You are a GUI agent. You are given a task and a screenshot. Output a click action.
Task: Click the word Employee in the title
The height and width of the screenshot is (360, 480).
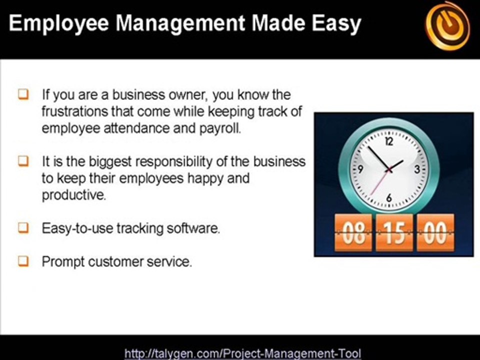click(59, 23)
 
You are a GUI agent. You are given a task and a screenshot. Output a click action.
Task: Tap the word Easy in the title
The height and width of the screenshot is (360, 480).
click(336, 23)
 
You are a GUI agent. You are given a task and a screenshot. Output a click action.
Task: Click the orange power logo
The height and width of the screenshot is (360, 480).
click(447, 26)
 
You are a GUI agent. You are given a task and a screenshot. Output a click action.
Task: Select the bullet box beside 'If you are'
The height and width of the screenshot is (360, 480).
click(23, 94)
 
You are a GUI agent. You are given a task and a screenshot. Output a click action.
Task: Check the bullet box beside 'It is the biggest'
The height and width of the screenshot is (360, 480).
click(23, 161)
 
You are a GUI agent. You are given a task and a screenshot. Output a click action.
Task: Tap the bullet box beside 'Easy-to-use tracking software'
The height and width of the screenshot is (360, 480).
click(23, 228)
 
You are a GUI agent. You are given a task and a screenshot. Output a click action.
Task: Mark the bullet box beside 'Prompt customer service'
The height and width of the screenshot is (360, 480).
click(23, 261)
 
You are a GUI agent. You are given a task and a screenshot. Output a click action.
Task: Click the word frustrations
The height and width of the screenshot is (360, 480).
click(75, 111)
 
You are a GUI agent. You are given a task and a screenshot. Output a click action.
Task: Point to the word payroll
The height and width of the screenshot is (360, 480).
click(220, 128)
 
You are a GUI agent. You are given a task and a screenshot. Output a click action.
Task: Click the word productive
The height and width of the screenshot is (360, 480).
click(74, 195)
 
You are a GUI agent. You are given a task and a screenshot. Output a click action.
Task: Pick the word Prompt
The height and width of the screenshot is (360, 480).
click(63, 262)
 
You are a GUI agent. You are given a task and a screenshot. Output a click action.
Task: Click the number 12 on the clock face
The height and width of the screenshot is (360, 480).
click(389, 141)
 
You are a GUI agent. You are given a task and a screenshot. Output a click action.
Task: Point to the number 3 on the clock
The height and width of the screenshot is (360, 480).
click(417, 169)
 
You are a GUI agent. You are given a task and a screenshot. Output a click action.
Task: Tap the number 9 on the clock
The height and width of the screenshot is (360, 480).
click(360, 169)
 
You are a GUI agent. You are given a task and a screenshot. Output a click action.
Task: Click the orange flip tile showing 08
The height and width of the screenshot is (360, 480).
click(353, 232)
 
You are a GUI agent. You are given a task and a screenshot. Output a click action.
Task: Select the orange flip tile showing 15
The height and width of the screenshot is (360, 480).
click(394, 232)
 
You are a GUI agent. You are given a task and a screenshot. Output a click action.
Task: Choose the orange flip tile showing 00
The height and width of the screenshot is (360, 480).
click(435, 232)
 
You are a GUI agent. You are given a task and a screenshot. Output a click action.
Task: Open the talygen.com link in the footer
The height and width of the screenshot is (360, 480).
click(243, 353)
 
